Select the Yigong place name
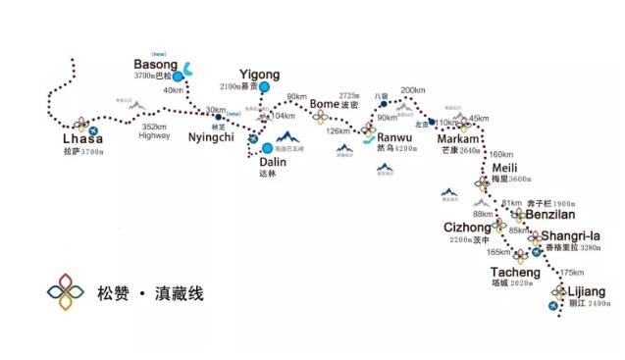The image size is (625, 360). [259, 75]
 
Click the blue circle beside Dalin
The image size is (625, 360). [268, 149]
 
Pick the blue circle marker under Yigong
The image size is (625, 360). [263, 87]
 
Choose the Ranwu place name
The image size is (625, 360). [395, 138]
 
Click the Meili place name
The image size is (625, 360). [504, 168]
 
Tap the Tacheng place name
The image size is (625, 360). [514, 272]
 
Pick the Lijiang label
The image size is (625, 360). [587, 292]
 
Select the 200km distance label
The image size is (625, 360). [413, 90]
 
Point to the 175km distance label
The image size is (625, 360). [570, 273]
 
